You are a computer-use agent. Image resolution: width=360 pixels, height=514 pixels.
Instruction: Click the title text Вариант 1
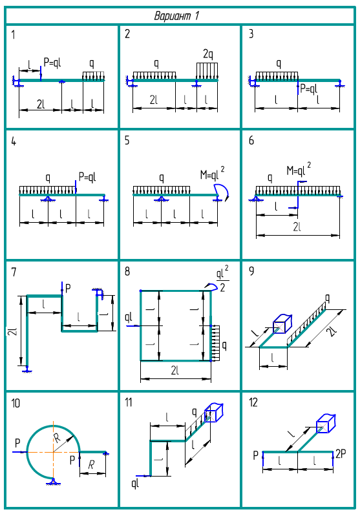click(x=176, y=15)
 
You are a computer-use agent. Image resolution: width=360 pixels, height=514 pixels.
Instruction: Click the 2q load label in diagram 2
click(x=208, y=54)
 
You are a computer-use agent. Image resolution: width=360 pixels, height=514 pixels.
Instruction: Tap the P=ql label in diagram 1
click(x=52, y=62)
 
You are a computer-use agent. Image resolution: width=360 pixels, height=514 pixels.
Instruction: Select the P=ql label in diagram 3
click(x=309, y=88)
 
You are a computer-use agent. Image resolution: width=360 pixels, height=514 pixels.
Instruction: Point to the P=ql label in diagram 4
click(x=87, y=177)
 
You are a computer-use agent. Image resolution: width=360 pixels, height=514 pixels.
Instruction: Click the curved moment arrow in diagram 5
click(x=222, y=188)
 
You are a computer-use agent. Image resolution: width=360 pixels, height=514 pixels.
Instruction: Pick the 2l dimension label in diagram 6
click(x=297, y=227)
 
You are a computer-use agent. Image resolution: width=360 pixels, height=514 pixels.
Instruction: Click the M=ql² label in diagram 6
click(x=299, y=169)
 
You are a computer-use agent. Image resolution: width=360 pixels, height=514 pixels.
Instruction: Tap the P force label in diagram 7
click(x=68, y=289)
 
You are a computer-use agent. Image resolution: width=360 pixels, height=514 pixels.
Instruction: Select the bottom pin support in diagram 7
click(x=27, y=369)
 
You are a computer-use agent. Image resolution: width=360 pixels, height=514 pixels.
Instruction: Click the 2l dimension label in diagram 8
click(x=175, y=371)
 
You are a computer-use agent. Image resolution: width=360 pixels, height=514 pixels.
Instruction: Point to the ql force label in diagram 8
click(x=129, y=317)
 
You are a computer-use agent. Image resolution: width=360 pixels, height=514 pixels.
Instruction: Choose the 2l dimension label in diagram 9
click(x=332, y=332)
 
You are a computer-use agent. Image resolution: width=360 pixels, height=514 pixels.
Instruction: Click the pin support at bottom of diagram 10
click(x=53, y=481)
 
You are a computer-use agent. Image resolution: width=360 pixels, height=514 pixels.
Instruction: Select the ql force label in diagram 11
click(x=136, y=483)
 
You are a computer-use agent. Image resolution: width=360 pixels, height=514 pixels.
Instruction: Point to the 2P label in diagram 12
click(x=341, y=454)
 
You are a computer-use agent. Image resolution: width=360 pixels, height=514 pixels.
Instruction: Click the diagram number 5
click(x=127, y=141)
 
